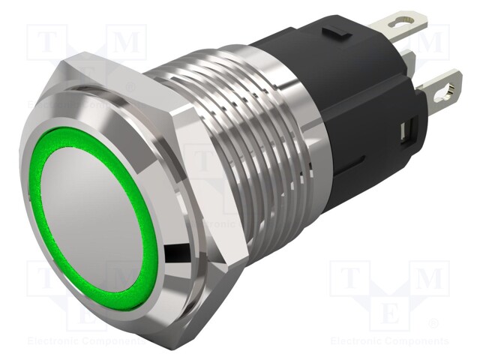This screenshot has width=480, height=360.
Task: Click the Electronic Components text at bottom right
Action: (389, 341)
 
